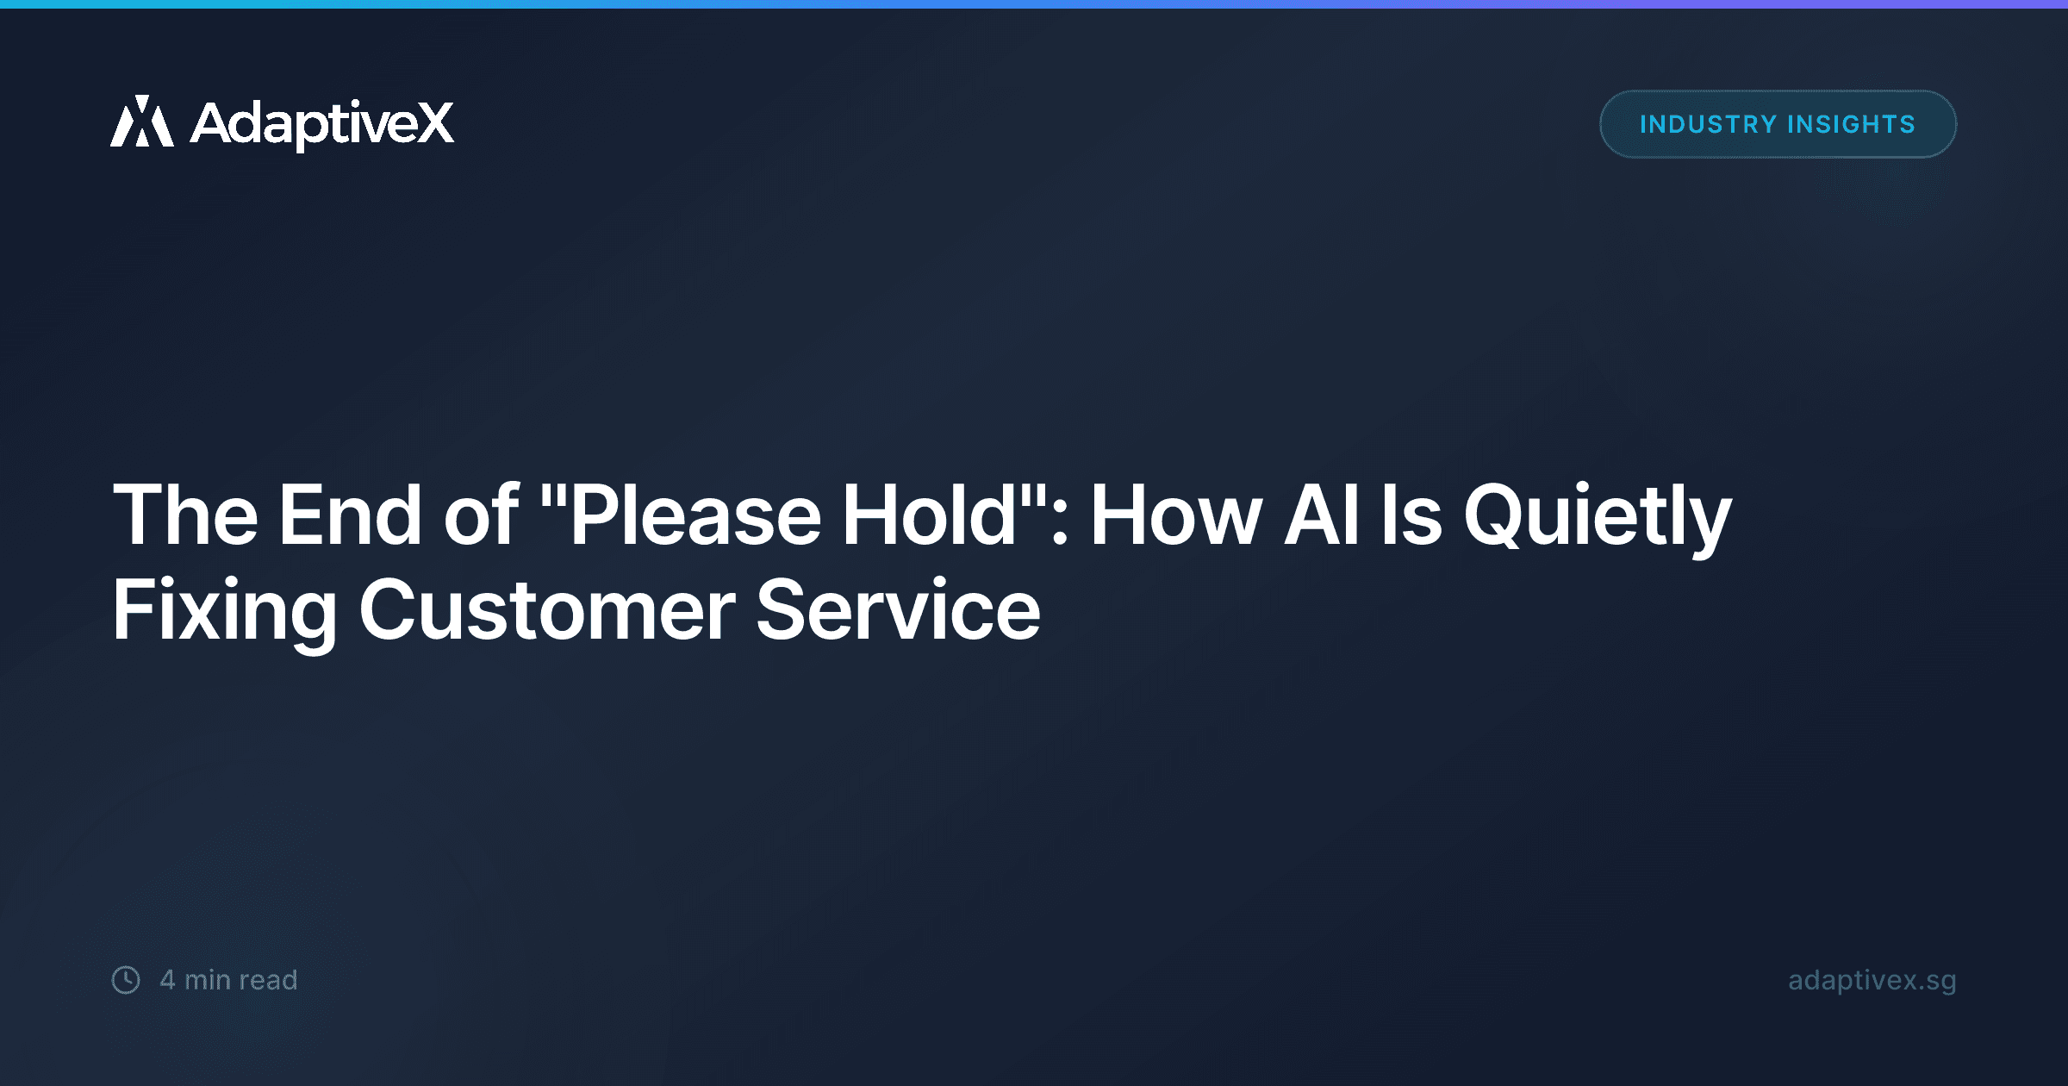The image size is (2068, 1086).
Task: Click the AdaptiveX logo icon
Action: (x=142, y=122)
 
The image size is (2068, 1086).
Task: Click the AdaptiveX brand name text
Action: (x=321, y=123)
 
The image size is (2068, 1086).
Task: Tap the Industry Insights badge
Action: (x=1778, y=124)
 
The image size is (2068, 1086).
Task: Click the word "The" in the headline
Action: (x=185, y=515)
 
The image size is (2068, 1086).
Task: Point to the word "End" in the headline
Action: (x=350, y=515)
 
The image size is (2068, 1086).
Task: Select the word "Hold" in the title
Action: (x=930, y=515)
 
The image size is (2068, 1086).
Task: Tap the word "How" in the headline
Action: (x=1176, y=515)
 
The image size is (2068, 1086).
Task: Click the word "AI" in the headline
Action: (x=1322, y=515)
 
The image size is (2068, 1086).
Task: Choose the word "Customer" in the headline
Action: (x=546, y=610)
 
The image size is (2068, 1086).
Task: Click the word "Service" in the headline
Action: (x=898, y=610)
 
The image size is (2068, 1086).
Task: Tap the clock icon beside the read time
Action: (x=126, y=980)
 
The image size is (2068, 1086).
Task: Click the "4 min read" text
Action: (x=228, y=980)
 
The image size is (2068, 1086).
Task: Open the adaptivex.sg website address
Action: (x=1872, y=980)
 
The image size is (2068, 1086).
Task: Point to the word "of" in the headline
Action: (x=481, y=515)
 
